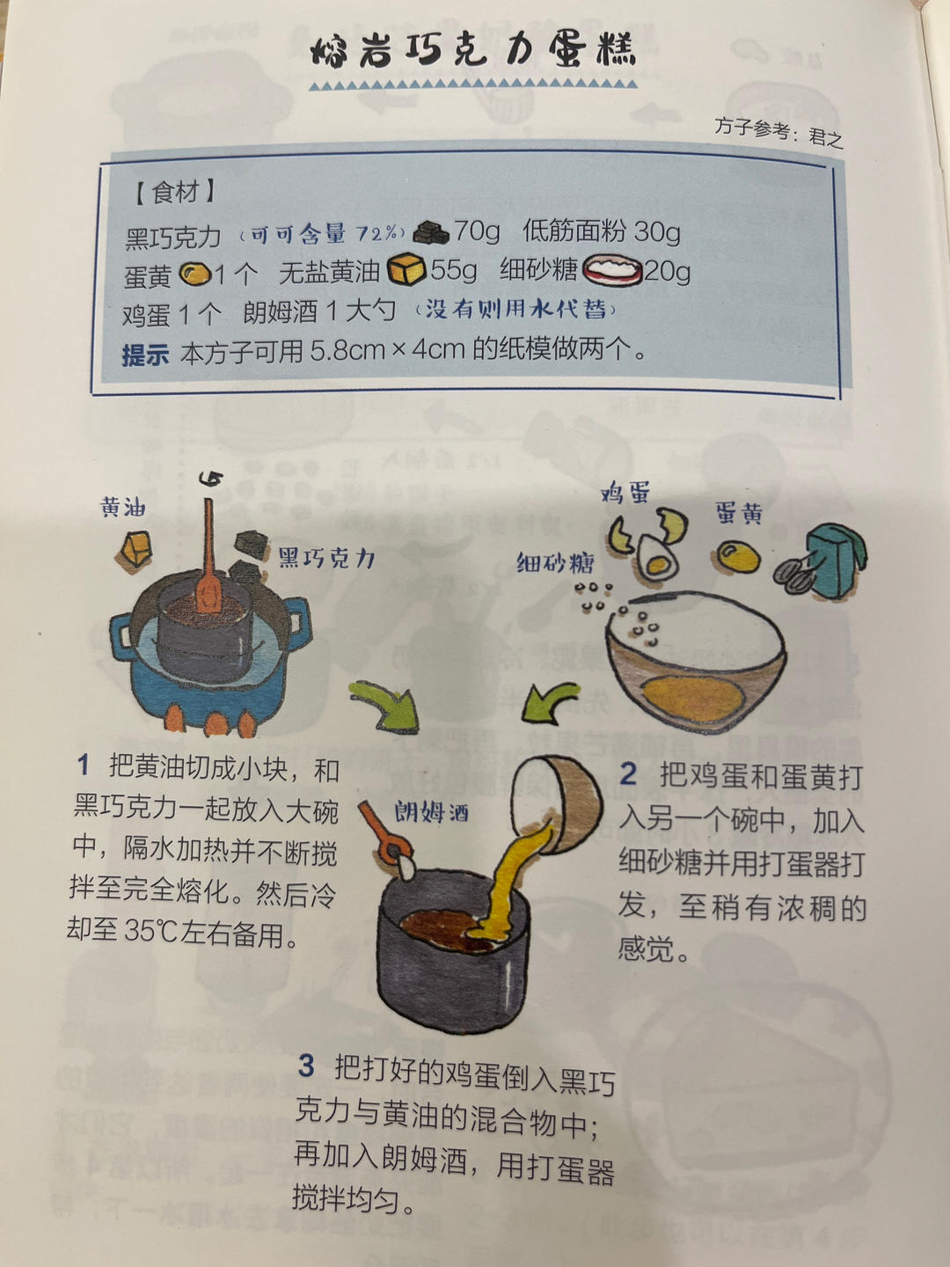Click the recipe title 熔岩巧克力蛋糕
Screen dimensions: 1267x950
click(472, 51)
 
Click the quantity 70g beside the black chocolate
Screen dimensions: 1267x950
click(477, 231)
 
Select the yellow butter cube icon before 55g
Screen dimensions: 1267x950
click(406, 268)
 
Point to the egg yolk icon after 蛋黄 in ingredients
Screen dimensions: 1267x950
click(194, 275)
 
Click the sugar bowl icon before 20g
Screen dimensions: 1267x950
click(611, 268)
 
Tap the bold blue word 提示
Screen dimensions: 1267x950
click(145, 354)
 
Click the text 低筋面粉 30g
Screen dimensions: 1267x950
click(602, 231)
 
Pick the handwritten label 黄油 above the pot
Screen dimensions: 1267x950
click(122, 507)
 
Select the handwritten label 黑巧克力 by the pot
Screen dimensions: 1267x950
click(326, 558)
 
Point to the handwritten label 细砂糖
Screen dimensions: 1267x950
click(555, 562)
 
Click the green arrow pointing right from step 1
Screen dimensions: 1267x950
click(387, 705)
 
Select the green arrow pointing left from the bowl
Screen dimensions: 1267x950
click(551, 700)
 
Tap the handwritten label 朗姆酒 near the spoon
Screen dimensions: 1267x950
click(431, 811)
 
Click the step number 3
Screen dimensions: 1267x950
click(305, 1066)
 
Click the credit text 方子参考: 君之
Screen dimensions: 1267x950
click(778, 133)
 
